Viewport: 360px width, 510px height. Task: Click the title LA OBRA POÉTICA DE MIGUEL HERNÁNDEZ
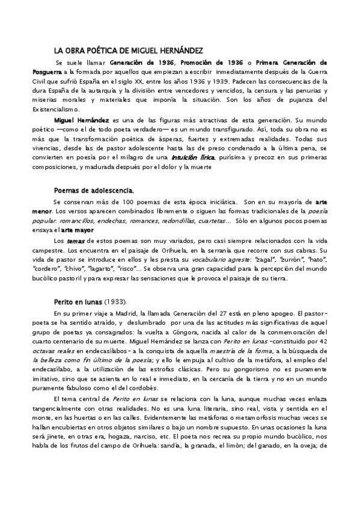click(128, 51)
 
